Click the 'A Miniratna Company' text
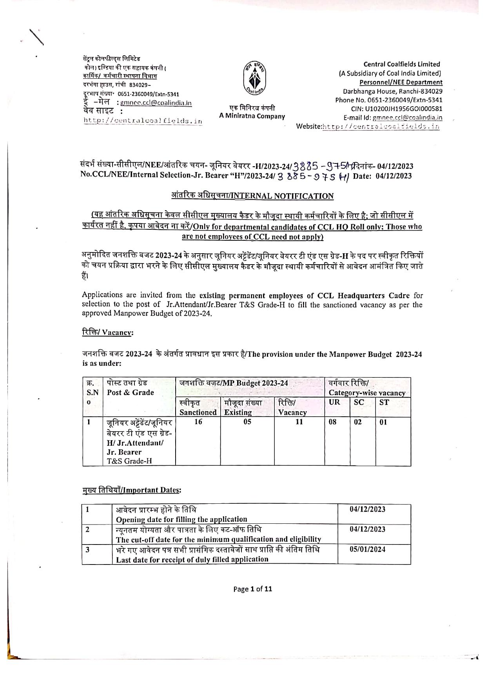click(x=252, y=116)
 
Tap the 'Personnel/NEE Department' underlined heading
click(x=401, y=82)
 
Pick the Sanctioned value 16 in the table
click(x=198, y=422)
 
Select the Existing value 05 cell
click(x=247, y=422)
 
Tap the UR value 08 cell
click(x=332, y=422)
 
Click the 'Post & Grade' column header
click(x=130, y=392)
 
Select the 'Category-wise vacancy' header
click(x=367, y=393)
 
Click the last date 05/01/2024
click(x=367, y=549)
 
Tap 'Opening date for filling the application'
click(x=181, y=519)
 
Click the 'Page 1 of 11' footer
click(x=252, y=588)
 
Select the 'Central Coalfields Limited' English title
click(x=401, y=64)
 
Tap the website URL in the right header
click(x=380, y=127)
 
